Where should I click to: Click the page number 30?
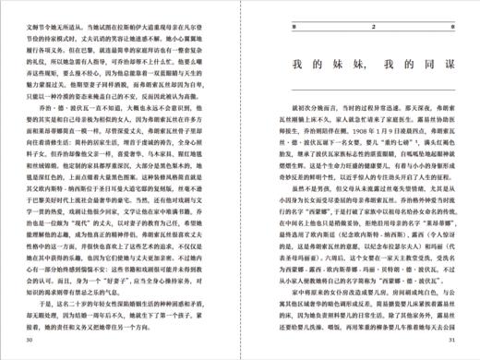[x=30, y=340]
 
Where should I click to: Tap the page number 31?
[x=450, y=340]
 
